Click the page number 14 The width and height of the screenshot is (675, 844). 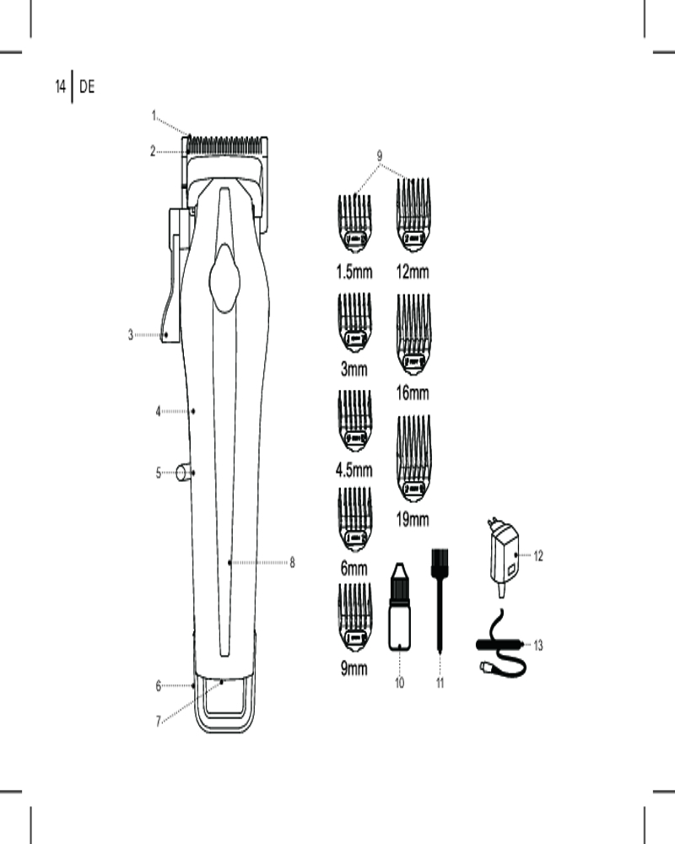[x=60, y=86]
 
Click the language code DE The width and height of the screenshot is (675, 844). [x=87, y=86]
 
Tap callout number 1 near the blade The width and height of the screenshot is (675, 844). [x=154, y=115]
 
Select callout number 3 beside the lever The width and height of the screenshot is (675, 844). [x=130, y=335]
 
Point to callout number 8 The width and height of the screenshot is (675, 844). [x=292, y=562]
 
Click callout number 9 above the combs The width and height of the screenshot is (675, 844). [x=380, y=155]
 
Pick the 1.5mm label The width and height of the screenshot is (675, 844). [x=354, y=272]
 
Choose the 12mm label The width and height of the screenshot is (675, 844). [x=413, y=272]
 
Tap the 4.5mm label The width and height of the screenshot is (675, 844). [x=354, y=470]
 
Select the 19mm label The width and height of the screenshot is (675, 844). [x=413, y=519]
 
